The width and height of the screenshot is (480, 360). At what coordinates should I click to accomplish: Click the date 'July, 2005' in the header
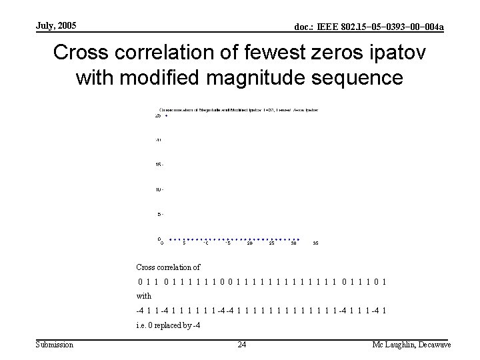pos(57,25)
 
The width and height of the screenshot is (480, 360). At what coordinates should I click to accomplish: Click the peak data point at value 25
pos(167,116)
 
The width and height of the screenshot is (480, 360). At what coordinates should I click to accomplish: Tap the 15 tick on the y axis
pos(159,165)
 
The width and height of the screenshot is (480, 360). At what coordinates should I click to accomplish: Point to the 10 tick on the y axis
pos(159,190)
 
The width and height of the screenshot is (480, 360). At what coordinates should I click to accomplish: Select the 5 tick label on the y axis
pos(159,215)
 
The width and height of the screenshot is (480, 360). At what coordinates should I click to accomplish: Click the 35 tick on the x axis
pos(315,243)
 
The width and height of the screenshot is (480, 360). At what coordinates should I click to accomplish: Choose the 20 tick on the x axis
pos(249,243)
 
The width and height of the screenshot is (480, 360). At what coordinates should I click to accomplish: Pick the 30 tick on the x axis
pos(293,243)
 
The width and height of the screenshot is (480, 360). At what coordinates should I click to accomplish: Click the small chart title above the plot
pos(238,109)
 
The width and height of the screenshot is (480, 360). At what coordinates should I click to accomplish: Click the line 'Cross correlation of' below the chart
pos(168,267)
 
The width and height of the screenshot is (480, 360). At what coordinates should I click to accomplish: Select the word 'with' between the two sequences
pos(143,295)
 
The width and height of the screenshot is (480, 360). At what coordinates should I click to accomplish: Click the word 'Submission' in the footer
pos(55,344)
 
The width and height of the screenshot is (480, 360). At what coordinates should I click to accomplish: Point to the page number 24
pos(241,344)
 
